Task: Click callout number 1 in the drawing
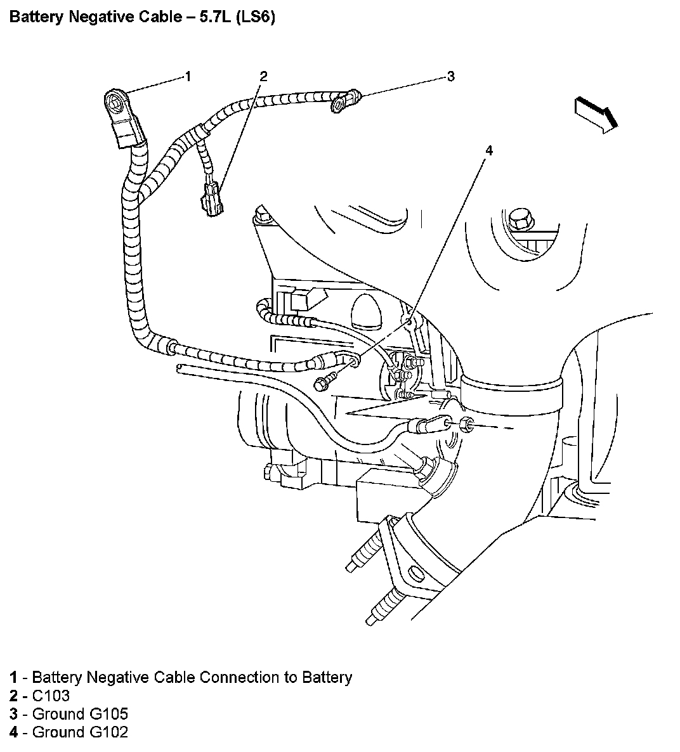pos(188,77)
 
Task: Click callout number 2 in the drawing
pos(263,77)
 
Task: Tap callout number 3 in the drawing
pos(450,77)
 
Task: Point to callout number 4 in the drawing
pos(488,150)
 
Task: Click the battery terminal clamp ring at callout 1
pos(115,101)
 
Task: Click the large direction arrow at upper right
pos(597,114)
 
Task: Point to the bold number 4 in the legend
pos(13,732)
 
